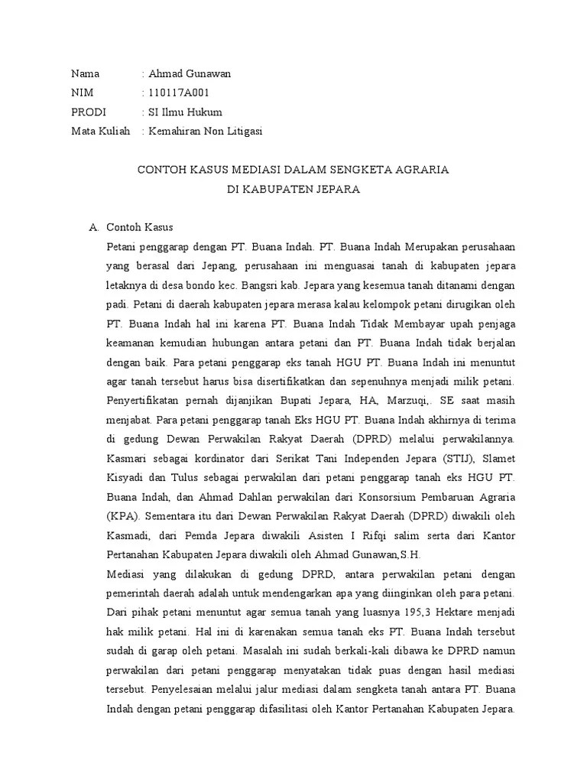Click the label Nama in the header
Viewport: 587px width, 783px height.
[x=86, y=74]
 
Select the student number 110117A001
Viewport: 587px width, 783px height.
[x=180, y=93]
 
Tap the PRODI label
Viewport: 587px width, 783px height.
[x=88, y=112]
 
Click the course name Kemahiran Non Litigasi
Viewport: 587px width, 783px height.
[x=206, y=132]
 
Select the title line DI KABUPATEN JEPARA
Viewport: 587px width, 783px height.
[x=293, y=188]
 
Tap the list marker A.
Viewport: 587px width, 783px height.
[x=94, y=227]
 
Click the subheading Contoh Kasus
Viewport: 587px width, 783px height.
[x=140, y=227]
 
